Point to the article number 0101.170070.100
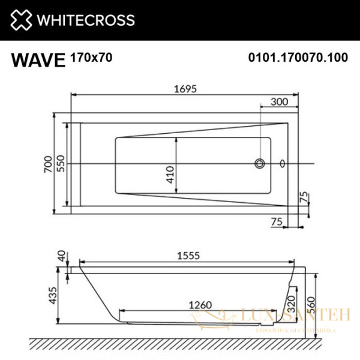[x=298, y=58]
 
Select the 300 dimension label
[x=280, y=101]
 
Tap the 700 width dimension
[x=48, y=163]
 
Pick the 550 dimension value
[x=61, y=163]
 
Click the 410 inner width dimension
[x=170, y=174]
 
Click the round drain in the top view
[x=260, y=163]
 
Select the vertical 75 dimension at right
[x=304, y=197]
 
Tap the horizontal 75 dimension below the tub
[x=277, y=222]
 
